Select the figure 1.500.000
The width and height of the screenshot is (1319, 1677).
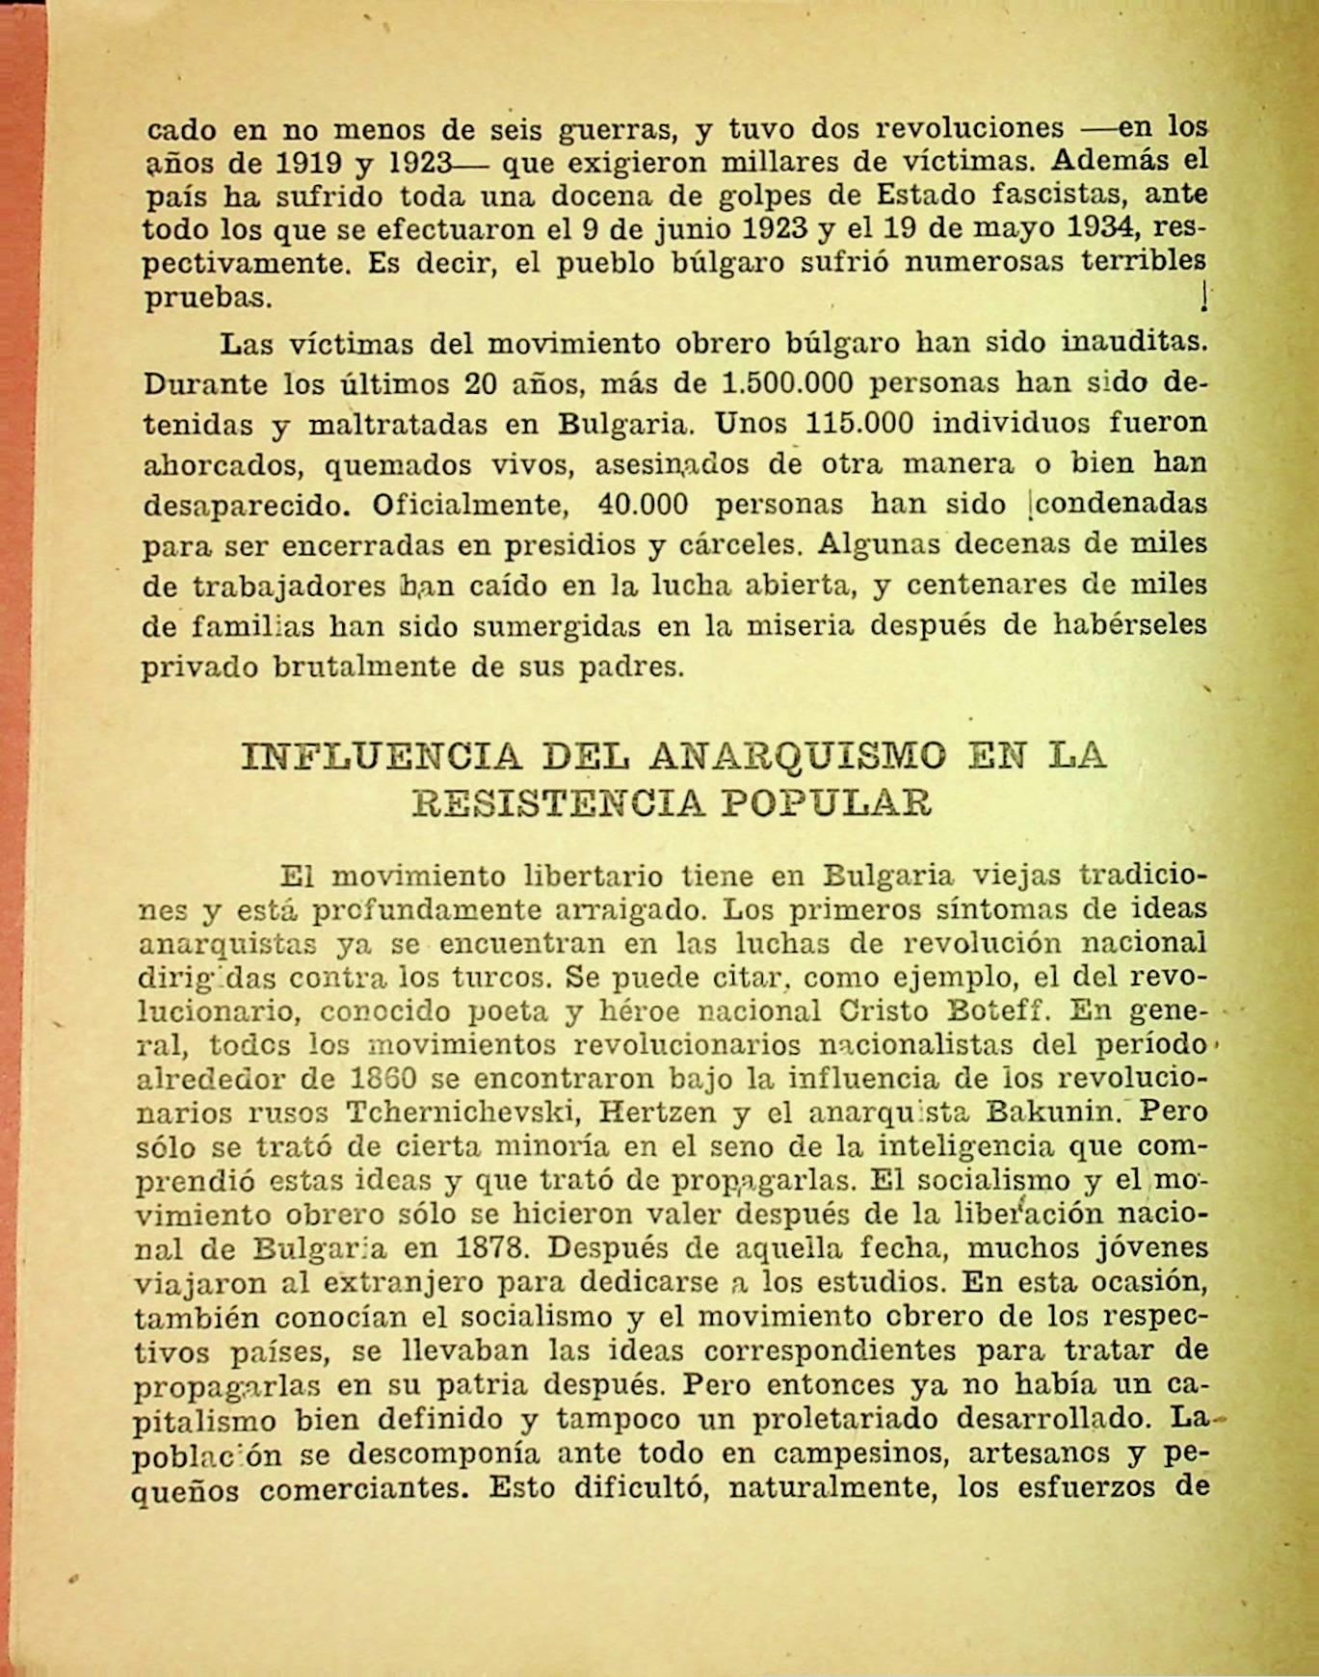click(x=787, y=383)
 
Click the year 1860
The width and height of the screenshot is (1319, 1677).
click(x=383, y=1079)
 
